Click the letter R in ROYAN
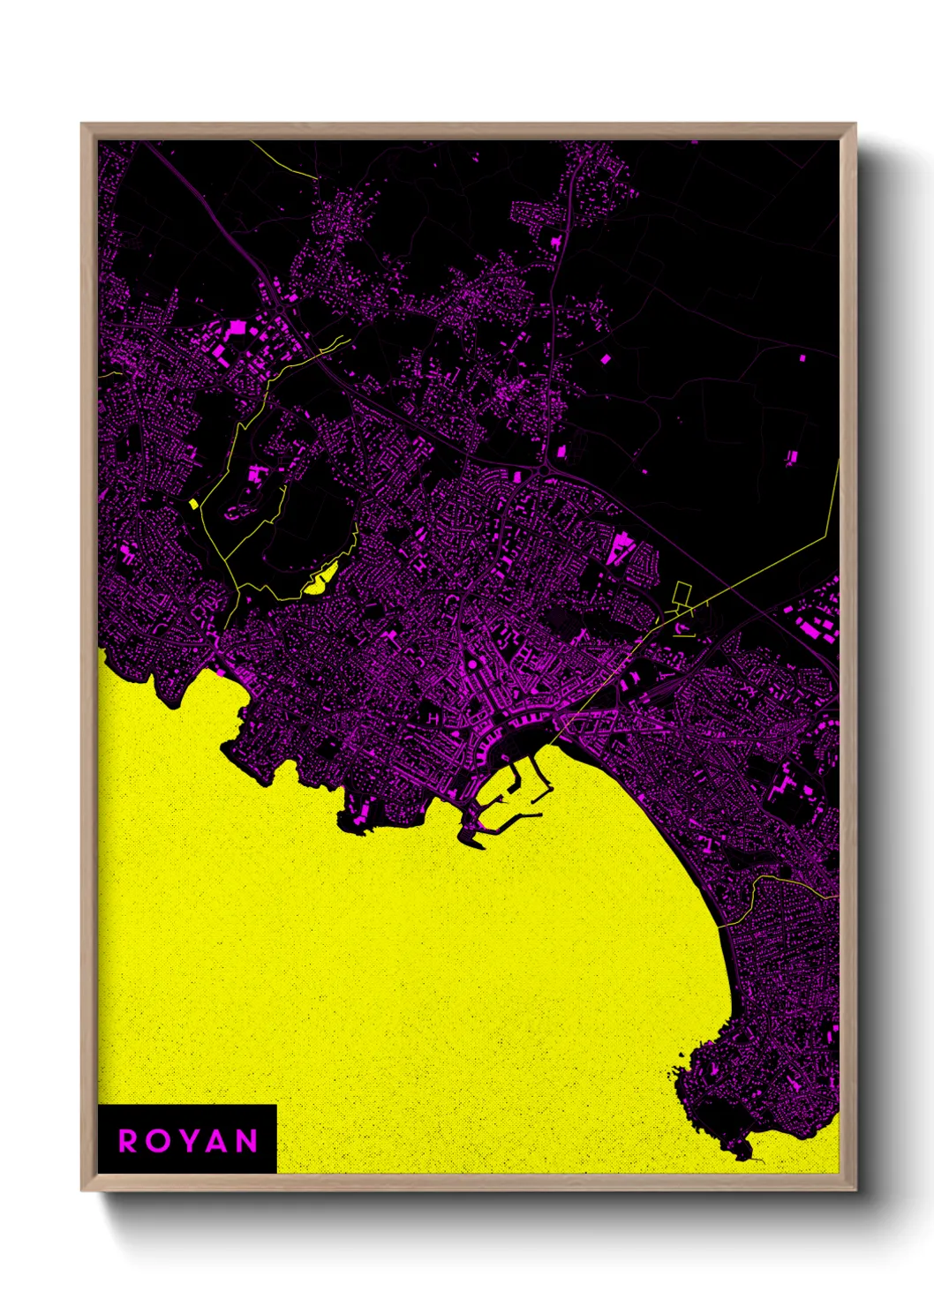click(x=128, y=1141)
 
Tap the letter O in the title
click(x=159, y=1141)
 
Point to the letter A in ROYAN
click(x=218, y=1141)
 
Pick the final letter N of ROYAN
click(x=248, y=1141)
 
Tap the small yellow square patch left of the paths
click(x=193, y=504)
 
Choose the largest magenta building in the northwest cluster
click(x=237, y=328)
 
